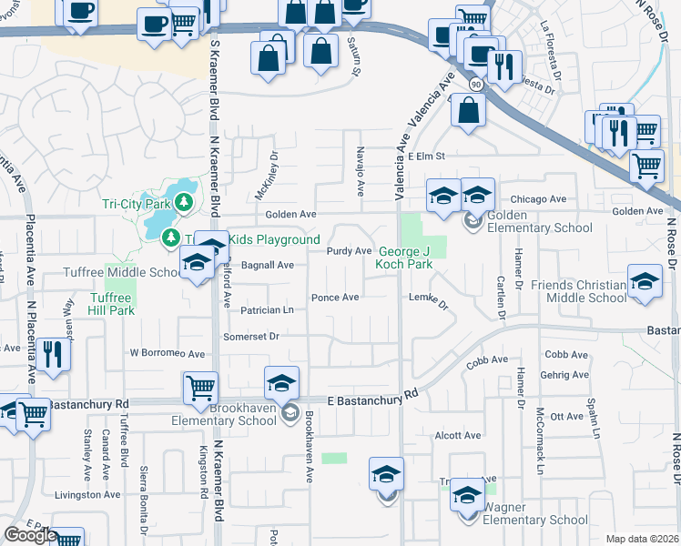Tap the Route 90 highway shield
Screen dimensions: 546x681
(x=475, y=84)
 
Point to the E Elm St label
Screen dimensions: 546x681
(x=425, y=157)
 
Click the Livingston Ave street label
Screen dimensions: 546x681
(x=87, y=495)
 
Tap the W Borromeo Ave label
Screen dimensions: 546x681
(x=168, y=352)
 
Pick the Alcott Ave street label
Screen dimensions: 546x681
(x=458, y=436)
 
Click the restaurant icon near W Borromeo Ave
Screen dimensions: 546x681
(x=56, y=355)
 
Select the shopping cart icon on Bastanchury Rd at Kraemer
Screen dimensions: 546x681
(x=200, y=388)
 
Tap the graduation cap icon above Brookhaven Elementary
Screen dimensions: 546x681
(x=282, y=381)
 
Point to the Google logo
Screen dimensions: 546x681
(x=30, y=535)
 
